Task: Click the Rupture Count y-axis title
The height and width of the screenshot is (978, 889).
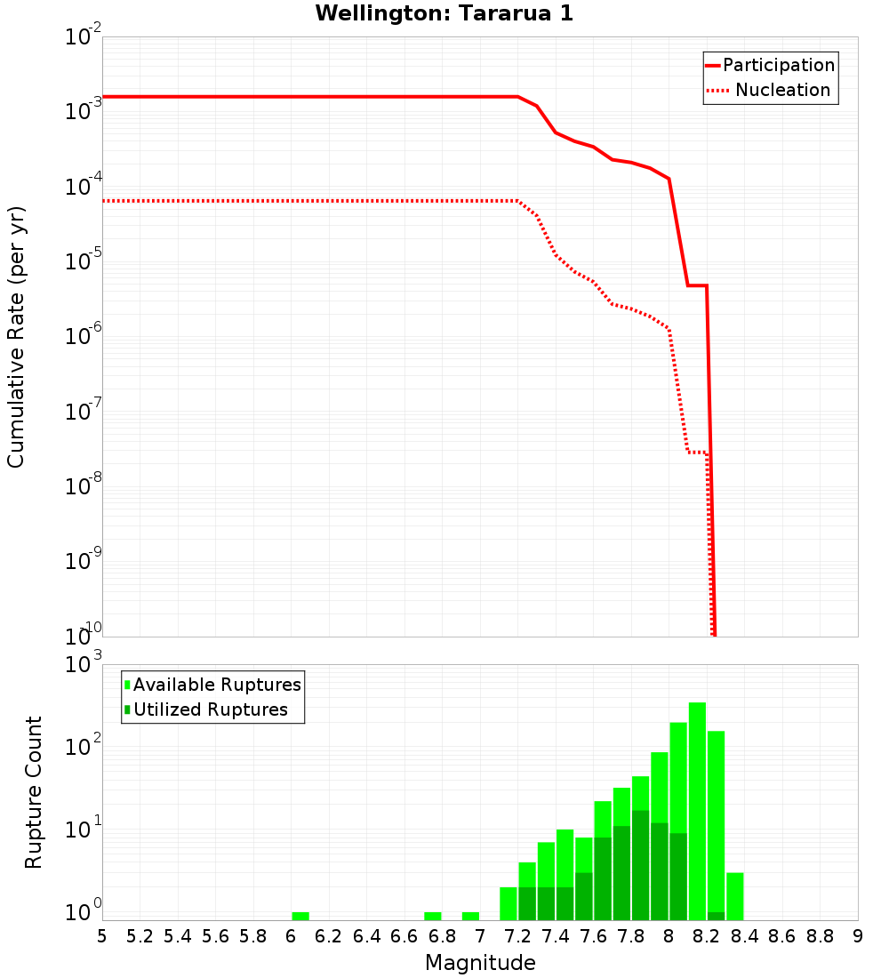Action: [34, 792]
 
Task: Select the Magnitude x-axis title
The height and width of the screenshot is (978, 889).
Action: [480, 963]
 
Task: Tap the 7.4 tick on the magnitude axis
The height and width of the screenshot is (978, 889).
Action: [556, 936]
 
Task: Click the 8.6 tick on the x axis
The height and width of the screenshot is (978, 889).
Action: [782, 936]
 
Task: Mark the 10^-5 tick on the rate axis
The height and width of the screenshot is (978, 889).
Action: [84, 261]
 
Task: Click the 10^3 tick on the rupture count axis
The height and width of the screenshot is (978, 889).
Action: [84, 664]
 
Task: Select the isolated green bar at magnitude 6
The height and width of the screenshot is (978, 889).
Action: [300, 916]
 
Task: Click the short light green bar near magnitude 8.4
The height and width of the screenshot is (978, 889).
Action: [735, 896]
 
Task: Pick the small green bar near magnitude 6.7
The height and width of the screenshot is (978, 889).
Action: [433, 916]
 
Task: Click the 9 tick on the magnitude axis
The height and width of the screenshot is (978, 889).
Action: [858, 936]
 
